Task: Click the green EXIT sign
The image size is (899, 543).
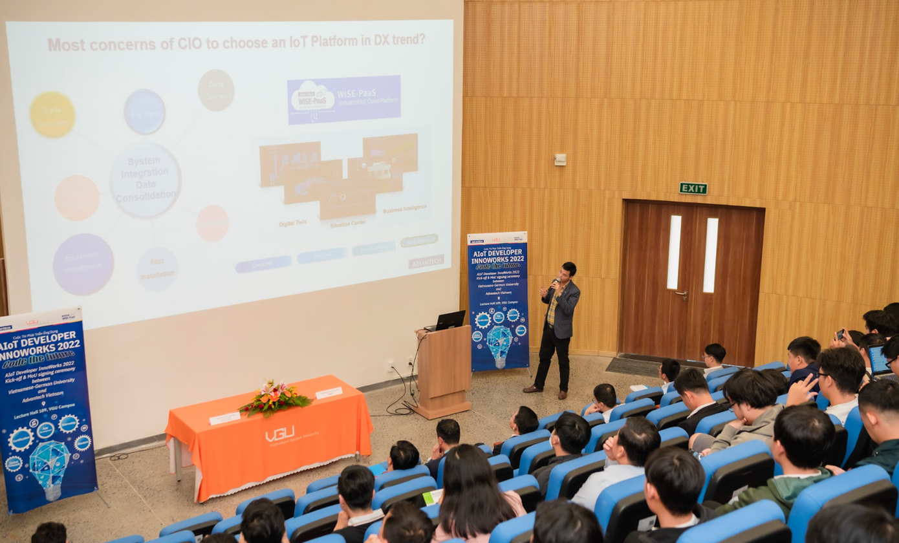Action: click(693, 188)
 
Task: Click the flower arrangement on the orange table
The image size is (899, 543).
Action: click(275, 398)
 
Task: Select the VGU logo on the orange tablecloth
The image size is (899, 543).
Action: click(279, 434)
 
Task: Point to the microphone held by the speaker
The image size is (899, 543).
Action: click(555, 282)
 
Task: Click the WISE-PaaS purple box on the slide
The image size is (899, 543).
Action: click(343, 100)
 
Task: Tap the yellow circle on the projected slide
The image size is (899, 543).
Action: click(52, 114)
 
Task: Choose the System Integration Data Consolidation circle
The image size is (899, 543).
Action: click(145, 180)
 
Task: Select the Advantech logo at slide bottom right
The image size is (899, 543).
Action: click(426, 262)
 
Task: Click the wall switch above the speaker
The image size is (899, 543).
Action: click(559, 160)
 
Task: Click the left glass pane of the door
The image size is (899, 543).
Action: click(674, 252)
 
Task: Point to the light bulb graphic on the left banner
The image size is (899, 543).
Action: click(49, 466)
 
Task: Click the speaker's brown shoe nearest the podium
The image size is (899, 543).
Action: click(533, 389)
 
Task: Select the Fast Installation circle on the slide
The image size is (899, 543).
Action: click(158, 269)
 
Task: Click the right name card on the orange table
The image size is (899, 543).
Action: click(329, 393)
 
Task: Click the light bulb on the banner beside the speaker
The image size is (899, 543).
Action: click(499, 344)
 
